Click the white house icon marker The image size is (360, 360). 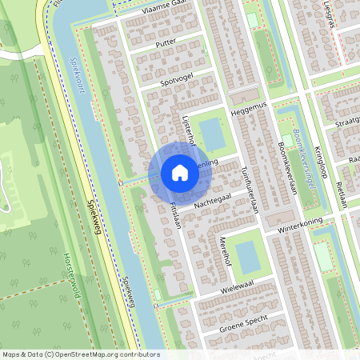point(180,173)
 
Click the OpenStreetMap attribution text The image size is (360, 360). point(80,354)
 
